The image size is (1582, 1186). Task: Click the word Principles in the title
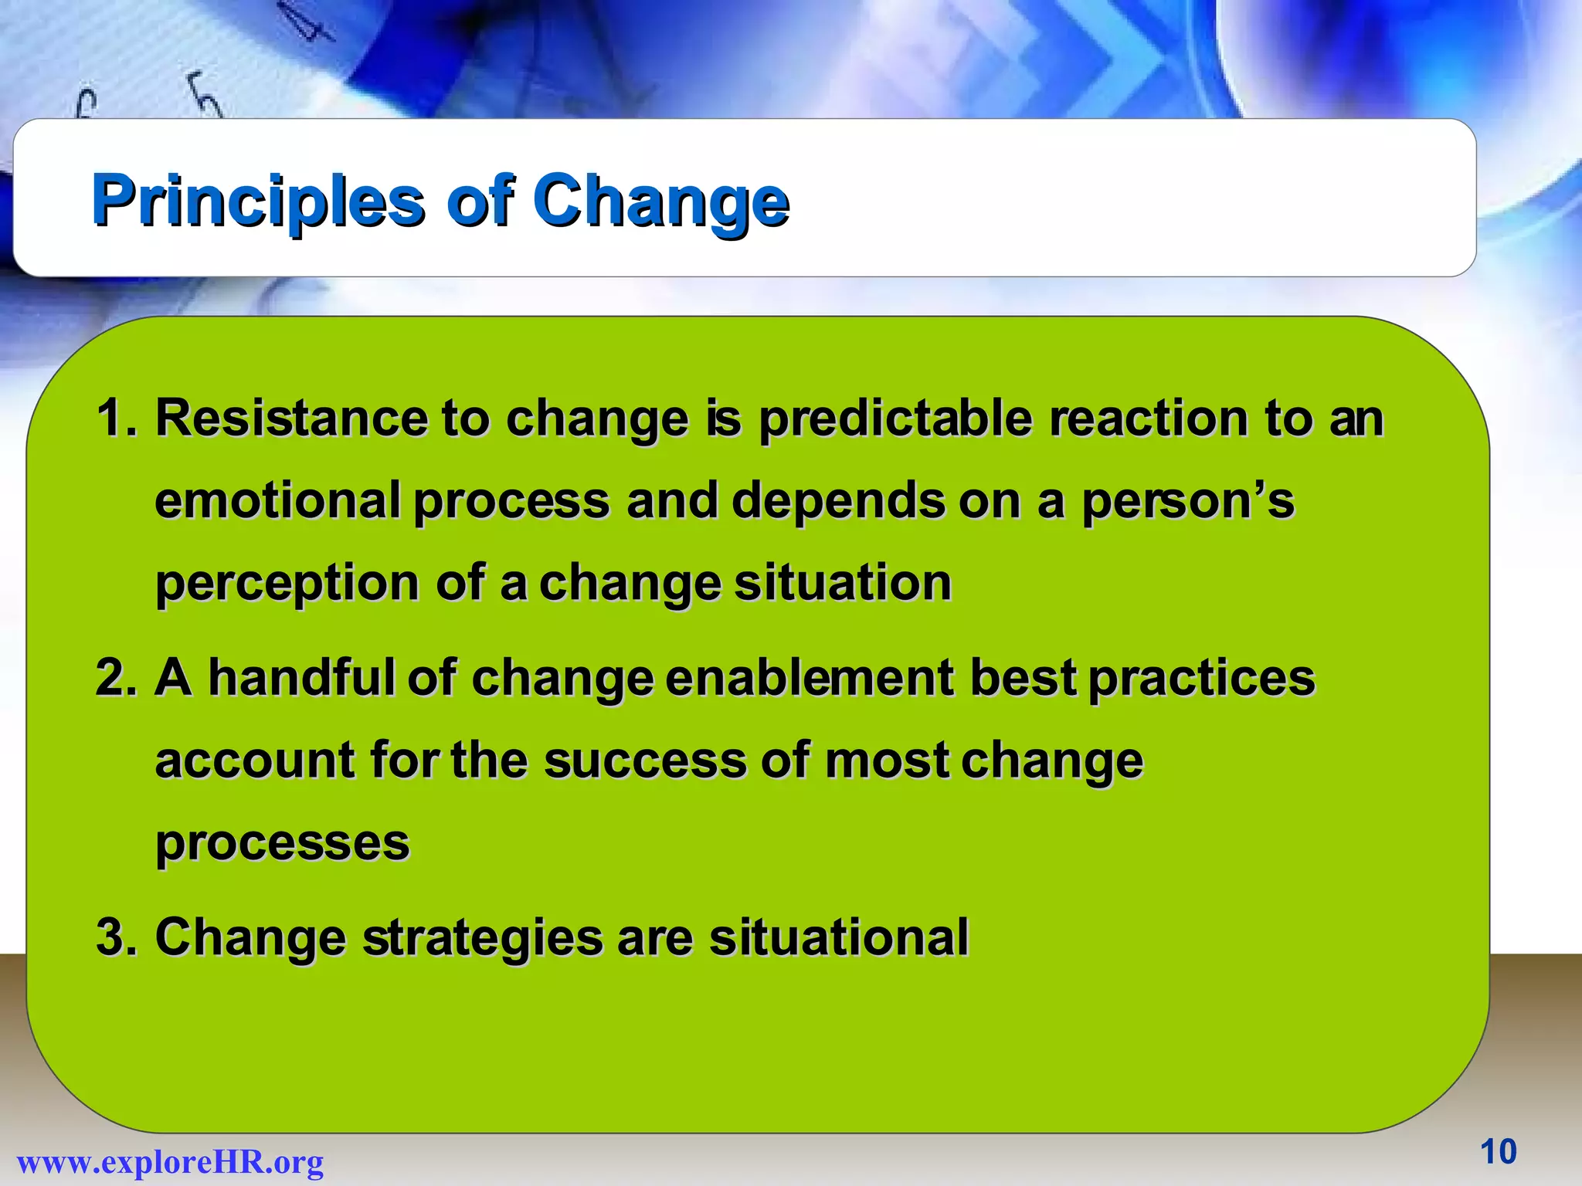258,201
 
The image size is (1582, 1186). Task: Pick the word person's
1187,502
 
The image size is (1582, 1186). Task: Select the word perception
287,585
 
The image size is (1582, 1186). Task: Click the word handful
301,677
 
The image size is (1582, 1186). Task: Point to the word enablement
809,677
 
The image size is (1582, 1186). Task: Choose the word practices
1201,679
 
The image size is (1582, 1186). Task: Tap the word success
645,760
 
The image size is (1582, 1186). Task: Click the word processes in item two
282,843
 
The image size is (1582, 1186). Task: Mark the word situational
838,937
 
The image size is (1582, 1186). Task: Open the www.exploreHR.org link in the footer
170,1161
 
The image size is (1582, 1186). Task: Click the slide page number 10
1498,1151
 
